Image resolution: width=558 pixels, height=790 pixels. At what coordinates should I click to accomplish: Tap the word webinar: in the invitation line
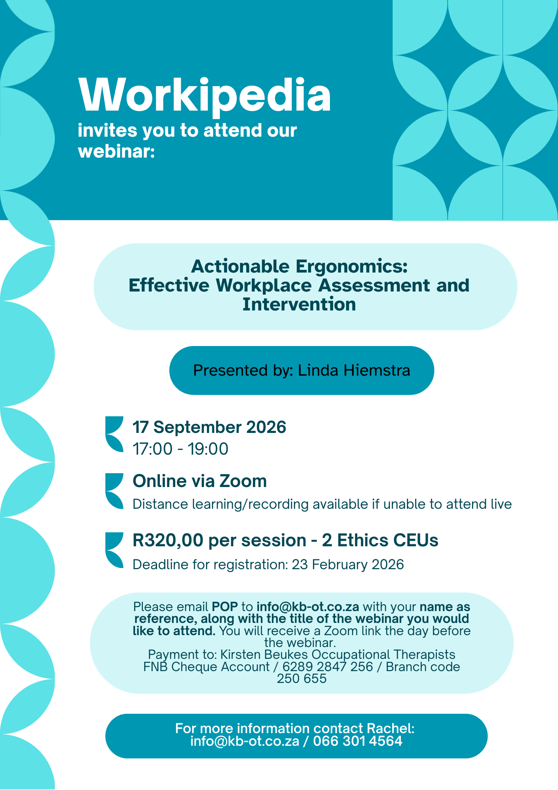pyautogui.click(x=116, y=151)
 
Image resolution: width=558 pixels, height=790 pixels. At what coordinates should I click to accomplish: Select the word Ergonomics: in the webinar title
pyautogui.click(x=352, y=267)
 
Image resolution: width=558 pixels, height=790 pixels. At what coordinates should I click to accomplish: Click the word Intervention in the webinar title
pyautogui.click(x=299, y=305)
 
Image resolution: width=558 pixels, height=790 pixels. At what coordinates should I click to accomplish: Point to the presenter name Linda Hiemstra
pyautogui.click(x=354, y=371)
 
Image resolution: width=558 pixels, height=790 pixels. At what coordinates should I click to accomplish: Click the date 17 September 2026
pyautogui.click(x=210, y=427)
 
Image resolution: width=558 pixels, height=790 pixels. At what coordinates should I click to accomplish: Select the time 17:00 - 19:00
pyautogui.click(x=181, y=449)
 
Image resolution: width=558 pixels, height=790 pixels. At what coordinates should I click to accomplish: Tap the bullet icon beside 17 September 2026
pyautogui.click(x=114, y=434)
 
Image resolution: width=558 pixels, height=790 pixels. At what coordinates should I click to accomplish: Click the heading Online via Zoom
pyautogui.click(x=200, y=481)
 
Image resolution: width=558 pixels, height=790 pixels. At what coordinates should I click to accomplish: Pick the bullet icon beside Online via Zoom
pyautogui.click(x=114, y=491)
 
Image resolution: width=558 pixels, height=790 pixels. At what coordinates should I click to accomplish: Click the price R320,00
pyautogui.click(x=168, y=540)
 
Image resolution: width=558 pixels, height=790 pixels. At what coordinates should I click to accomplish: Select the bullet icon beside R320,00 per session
pyautogui.click(x=114, y=550)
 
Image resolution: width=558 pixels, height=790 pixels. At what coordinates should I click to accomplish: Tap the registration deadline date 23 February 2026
pyautogui.click(x=348, y=564)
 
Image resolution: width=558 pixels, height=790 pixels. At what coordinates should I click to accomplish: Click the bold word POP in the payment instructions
pyautogui.click(x=225, y=607)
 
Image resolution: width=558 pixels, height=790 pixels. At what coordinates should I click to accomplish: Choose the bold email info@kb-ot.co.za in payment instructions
pyautogui.click(x=308, y=607)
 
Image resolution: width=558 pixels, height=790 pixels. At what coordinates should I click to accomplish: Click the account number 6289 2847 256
pyautogui.click(x=328, y=667)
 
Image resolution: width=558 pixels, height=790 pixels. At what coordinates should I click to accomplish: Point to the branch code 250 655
pyautogui.click(x=302, y=679)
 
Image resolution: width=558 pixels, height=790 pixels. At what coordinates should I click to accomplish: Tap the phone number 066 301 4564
pyautogui.click(x=358, y=741)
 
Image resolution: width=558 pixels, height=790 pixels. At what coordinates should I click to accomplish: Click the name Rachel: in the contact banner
pyautogui.click(x=391, y=728)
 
